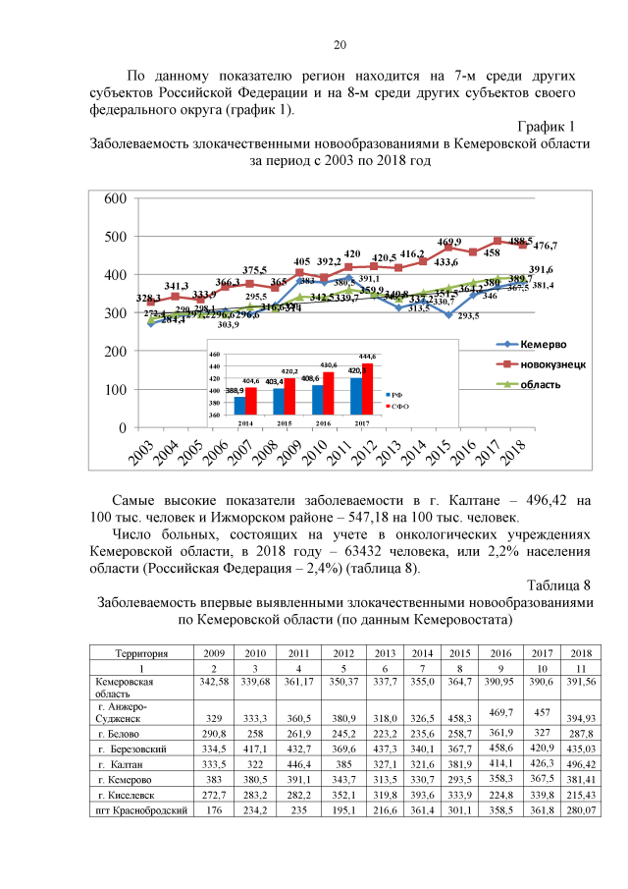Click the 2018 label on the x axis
(511, 452)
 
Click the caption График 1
(544, 126)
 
